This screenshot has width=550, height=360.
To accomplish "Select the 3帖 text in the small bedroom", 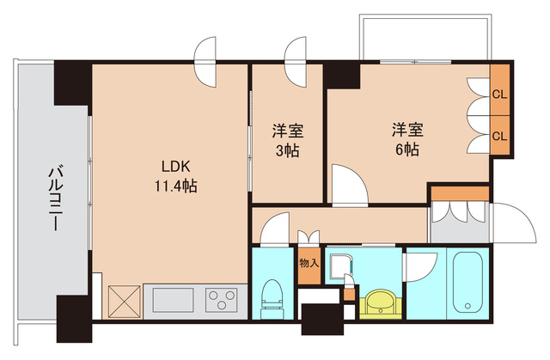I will click(x=286, y=149).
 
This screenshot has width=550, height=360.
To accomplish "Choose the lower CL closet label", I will click(x=498, y=135).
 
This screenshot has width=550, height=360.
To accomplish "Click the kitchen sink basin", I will click(x=174, y=302).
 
